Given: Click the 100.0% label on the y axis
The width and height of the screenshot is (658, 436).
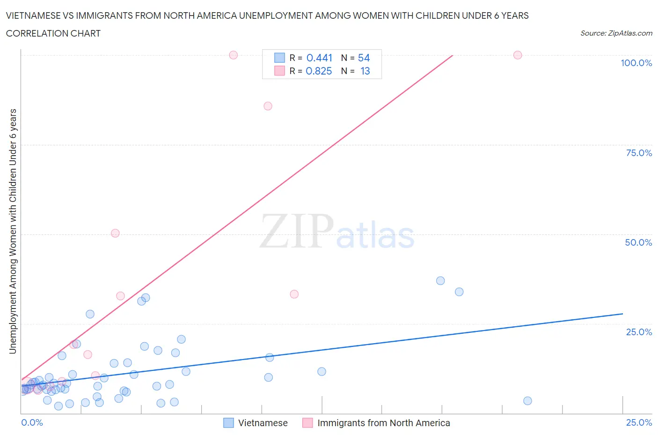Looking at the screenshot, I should pyautogui.click(x=636, y=63).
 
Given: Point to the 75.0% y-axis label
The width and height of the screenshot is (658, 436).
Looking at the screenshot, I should pyautogui.click(x=639, y=153).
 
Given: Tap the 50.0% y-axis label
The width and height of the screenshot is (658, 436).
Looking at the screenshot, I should pyautogui.click(x=638, y=242).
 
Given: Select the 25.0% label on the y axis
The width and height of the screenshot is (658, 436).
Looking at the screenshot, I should pyautogui.click(x=639, y=332).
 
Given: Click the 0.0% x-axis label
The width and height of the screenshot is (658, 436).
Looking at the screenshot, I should pyautogui.click(x=32, y=422).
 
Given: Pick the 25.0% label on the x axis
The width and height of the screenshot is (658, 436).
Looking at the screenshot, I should pyautogui.click(x=639, y=422).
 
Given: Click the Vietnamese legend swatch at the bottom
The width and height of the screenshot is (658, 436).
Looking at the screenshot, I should pyautogui.click(x=228, y=423).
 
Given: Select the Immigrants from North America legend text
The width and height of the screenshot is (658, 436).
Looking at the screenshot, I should pyautogui.click(x=384, y=423).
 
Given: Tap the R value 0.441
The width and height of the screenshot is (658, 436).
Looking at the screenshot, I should pyautogui.click(x=319, y=58).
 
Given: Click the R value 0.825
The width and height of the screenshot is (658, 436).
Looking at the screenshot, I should pyautogui.click(x=319, y=71).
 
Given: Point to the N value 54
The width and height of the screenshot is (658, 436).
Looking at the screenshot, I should pyautogui.click(x=364, y=58).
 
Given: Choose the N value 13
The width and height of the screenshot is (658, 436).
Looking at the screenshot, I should pyautogui.click(x=365, y=71).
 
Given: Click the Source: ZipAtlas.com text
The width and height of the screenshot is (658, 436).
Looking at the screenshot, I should pyautogui.click(x=616, y=33).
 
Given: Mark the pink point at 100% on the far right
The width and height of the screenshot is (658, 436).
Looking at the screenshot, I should pyautogui.click(x=518, y=55).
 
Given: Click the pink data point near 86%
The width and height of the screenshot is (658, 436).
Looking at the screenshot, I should pyautogui.click(x=268, y=106).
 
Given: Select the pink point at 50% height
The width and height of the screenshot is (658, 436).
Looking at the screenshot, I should pyautogui.click(x=115, y=233).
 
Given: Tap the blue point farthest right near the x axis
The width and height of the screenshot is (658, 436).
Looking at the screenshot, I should pyautogui.click(x=527, y=400).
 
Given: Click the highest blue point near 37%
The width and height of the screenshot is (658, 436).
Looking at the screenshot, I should pyautogui.click(x=440, y=281).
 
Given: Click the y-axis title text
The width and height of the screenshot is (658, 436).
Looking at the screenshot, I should pyautogui.click(x=13, y=231).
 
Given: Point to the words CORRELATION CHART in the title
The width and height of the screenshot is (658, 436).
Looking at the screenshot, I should pyautogui.click(x=53, y=33).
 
